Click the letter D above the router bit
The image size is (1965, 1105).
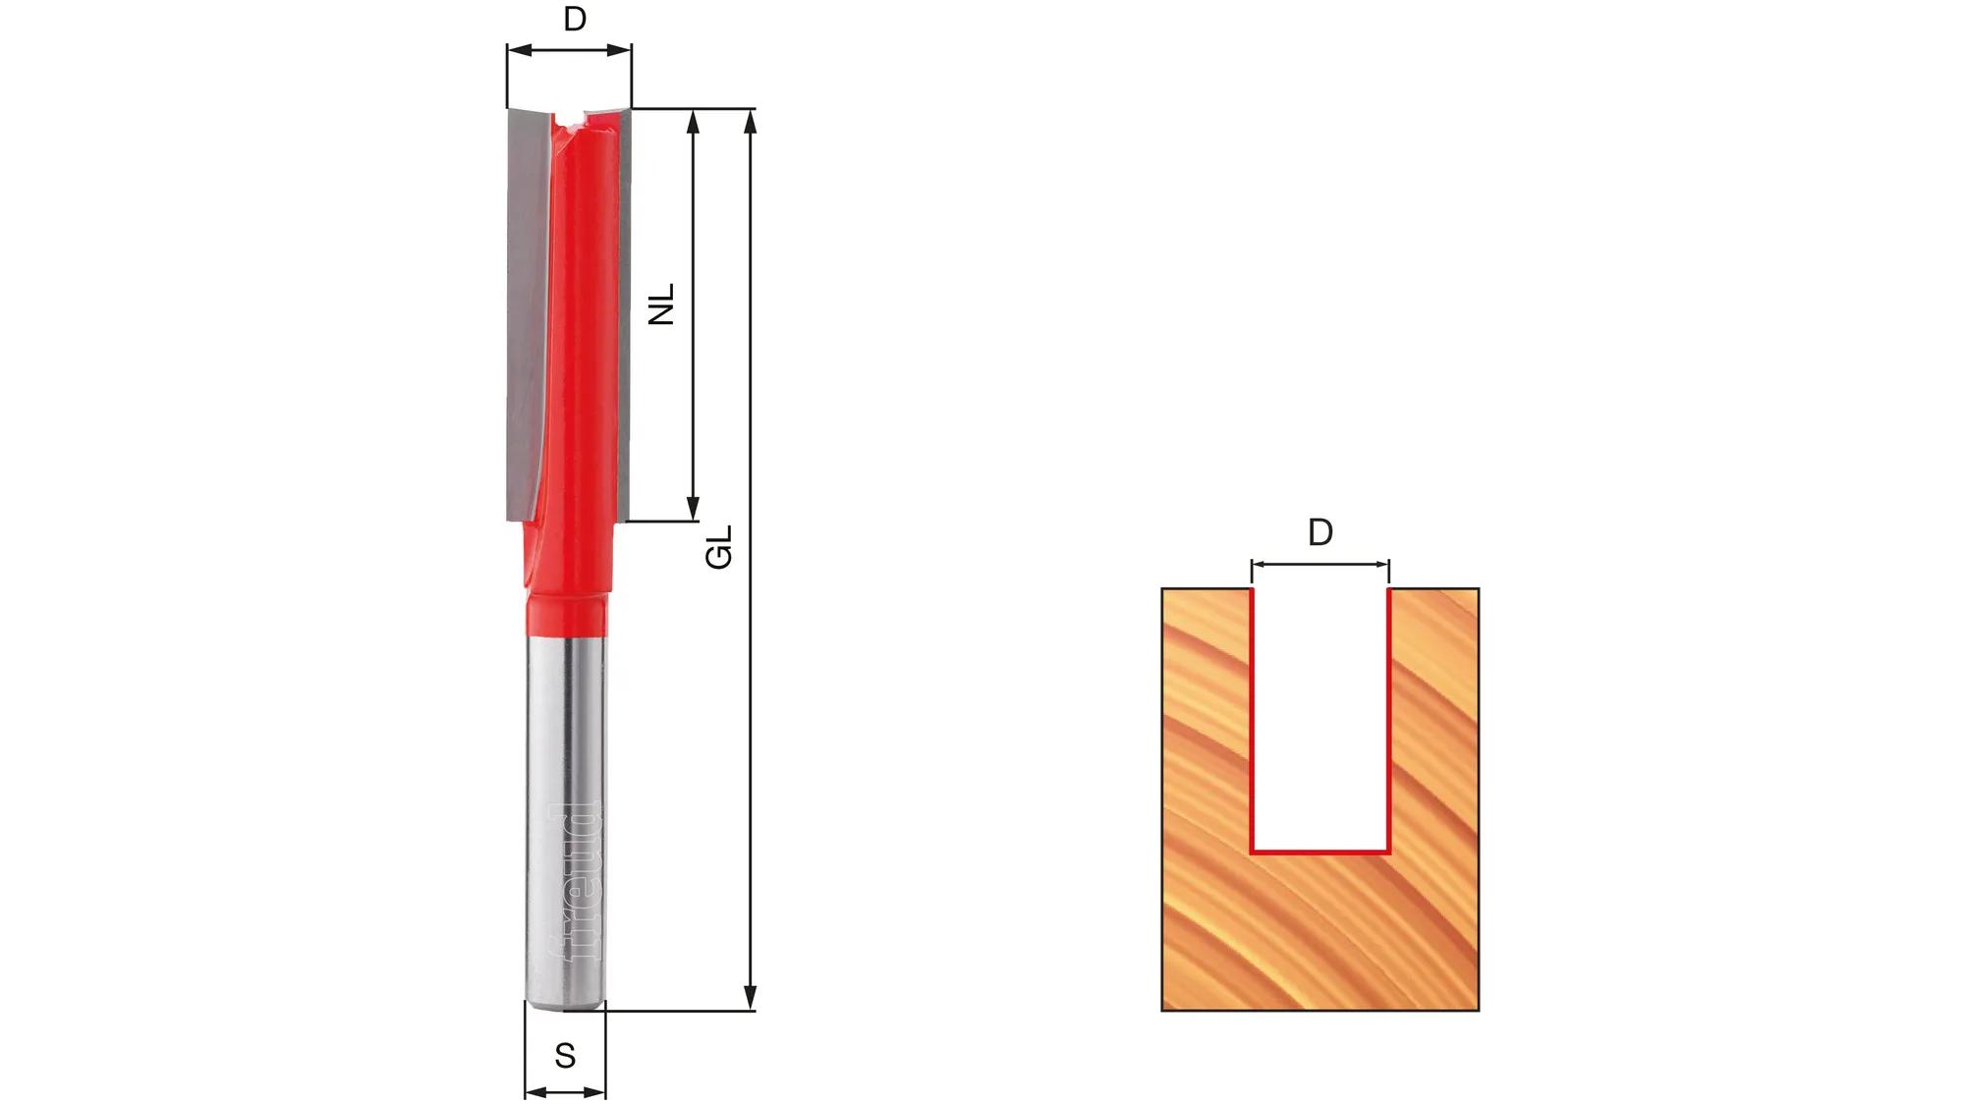(x=575, y=19)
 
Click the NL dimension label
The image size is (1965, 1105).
(x=663, y=304)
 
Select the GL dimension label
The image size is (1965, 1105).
(x=719, y=546)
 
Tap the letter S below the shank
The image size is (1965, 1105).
(x=565, y=1056)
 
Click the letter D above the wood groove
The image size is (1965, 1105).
(x=1320, y=532)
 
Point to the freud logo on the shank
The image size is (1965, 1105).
(x=574, y=881)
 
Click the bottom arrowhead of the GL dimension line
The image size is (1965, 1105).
(x=751, y=996)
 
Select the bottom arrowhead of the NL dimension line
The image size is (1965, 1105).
(x=693, y=508)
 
